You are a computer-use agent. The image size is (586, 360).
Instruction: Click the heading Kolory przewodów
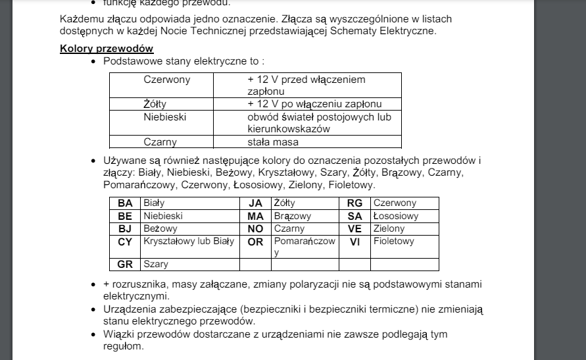coord(107,48)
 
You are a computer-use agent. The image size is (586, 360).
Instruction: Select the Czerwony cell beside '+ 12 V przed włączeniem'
coord(167,80)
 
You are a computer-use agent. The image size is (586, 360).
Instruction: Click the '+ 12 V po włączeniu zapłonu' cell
coord(314,104)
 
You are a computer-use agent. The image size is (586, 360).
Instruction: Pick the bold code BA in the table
coord(125,203)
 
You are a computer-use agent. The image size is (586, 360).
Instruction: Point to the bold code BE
coord(125,216)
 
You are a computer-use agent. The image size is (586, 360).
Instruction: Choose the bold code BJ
coord(125,228)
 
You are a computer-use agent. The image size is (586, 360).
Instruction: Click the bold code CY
coord(125,242)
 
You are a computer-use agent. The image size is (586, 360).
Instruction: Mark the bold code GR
coord(125,265)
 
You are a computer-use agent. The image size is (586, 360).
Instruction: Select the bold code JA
coord(255,203)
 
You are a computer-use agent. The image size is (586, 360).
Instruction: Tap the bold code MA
coord(255,216)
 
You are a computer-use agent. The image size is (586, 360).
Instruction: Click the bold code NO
coord(255,228)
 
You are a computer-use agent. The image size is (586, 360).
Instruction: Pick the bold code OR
coord(255,242)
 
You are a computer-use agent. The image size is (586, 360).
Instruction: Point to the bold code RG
coord(354,203)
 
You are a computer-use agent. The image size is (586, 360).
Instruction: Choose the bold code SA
coord(354,216)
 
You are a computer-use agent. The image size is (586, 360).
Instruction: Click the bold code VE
coord(354,228)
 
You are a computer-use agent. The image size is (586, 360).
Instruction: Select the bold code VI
coord(354,242)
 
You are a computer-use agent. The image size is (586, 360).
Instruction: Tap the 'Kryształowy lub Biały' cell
coord(189,242)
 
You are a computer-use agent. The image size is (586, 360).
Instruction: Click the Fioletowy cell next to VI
coord(394,242)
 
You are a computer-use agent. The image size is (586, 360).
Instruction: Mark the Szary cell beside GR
coord(156,265)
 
